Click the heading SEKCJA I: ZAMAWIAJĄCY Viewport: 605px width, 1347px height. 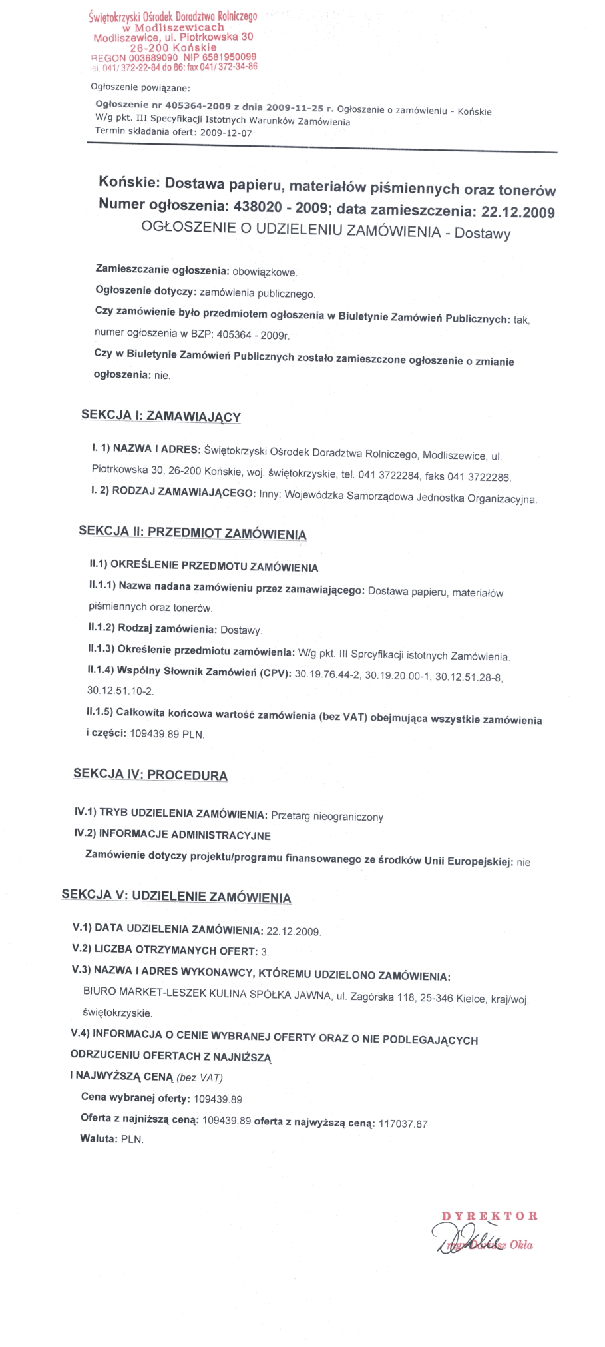coord(160,416)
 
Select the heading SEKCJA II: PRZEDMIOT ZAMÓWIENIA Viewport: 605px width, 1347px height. coord(192,533)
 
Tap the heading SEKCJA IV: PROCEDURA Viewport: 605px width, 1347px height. coord(150,775)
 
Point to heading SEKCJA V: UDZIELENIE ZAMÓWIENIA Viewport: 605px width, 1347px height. coord(176,897)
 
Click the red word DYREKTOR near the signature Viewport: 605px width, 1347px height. coord(489,1216)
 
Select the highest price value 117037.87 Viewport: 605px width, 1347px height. coord(403,1124)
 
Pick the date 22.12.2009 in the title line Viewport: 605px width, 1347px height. coord(517,212)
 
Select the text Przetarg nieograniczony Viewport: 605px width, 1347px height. coord(327,817)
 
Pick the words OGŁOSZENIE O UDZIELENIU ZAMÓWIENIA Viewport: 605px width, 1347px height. coord(291,230)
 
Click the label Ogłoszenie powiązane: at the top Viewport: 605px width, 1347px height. coord(140,87)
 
